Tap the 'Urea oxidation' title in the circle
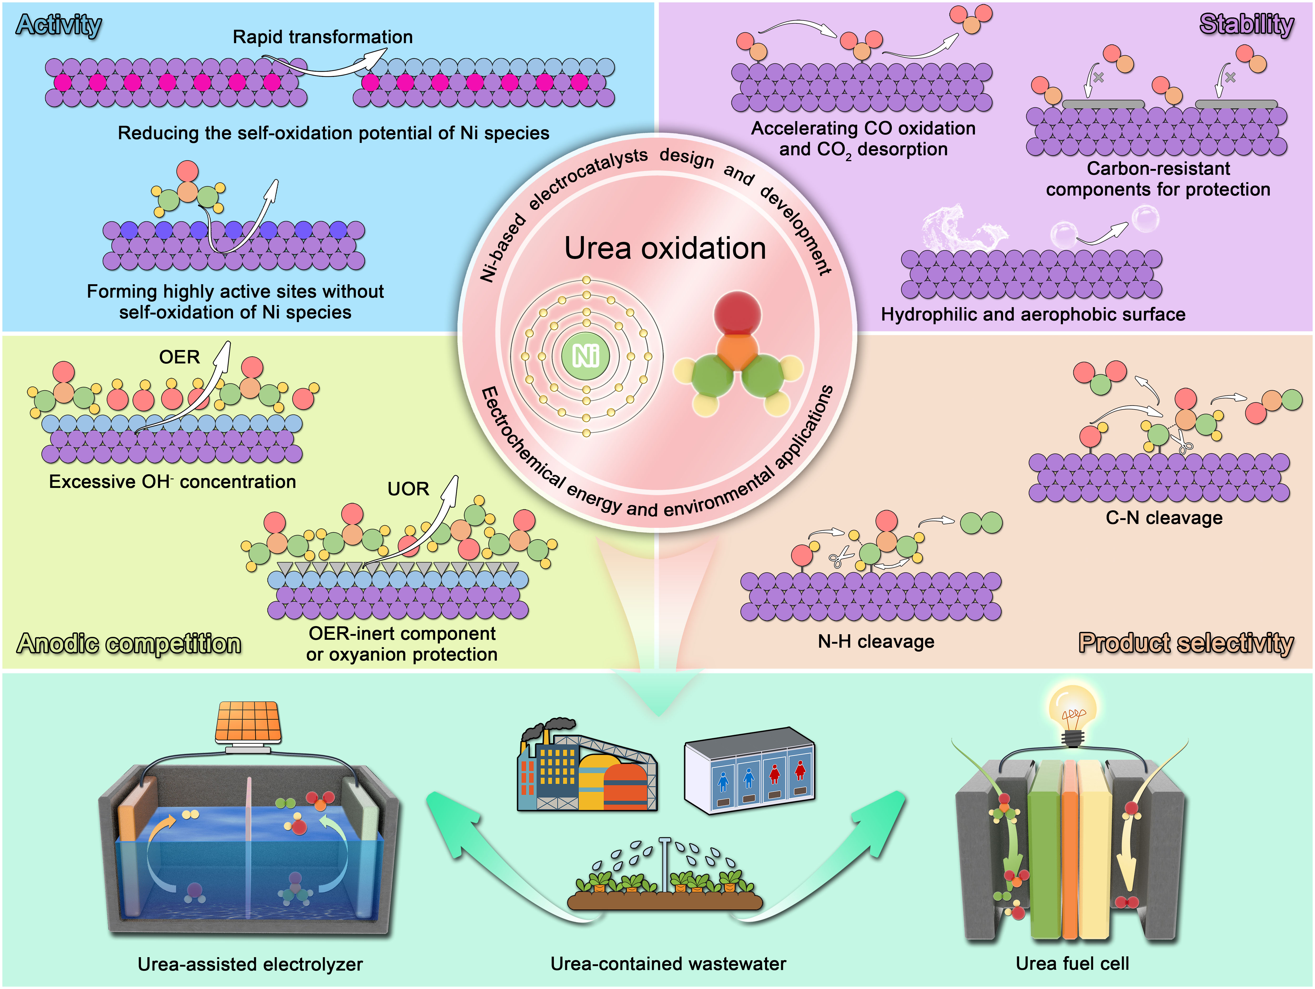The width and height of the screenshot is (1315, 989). coord(665,248)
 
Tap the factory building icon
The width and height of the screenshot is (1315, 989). coord(585,767)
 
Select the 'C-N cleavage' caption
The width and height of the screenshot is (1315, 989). coord(1164,518)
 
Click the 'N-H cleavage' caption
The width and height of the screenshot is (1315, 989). coord(876,642)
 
